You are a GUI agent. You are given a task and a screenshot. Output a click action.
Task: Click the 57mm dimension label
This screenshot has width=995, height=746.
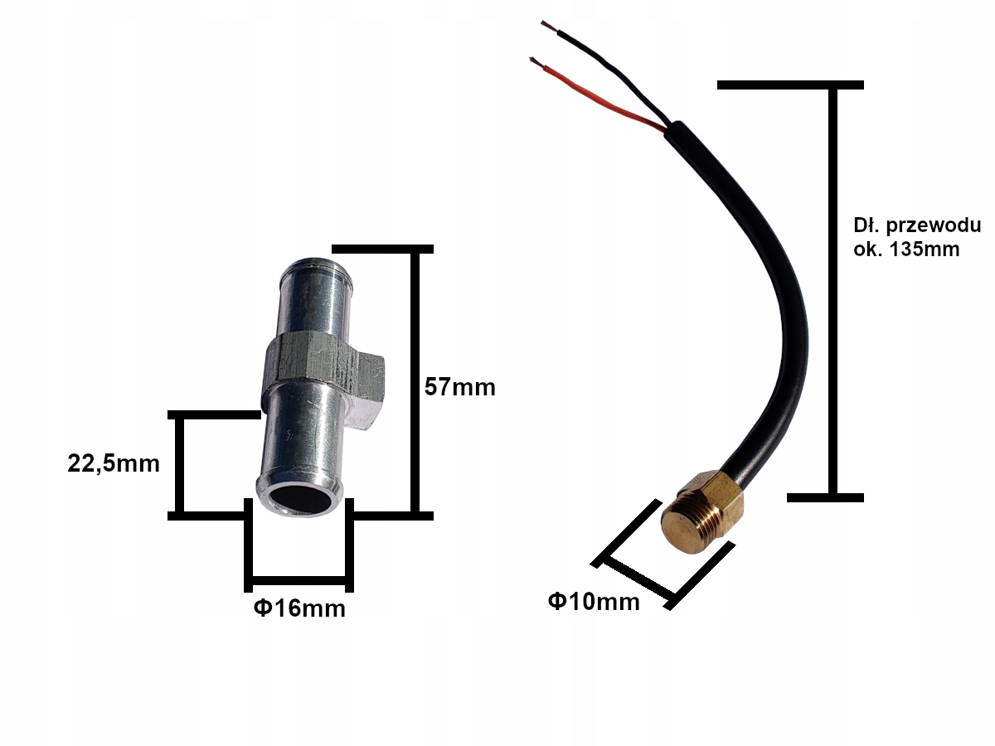coord(459,386)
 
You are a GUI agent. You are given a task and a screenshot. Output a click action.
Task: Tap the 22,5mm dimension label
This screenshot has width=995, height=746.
coord(114,463)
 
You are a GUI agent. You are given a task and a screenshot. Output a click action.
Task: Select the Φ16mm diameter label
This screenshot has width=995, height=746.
coord(298,608)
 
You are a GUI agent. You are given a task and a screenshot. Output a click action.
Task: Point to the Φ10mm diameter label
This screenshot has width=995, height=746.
coord(594,601)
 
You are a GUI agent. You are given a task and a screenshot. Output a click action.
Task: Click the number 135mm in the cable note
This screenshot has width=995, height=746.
coord(924,249)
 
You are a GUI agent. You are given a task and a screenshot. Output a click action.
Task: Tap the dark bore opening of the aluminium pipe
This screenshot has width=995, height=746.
coord(298,500)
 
